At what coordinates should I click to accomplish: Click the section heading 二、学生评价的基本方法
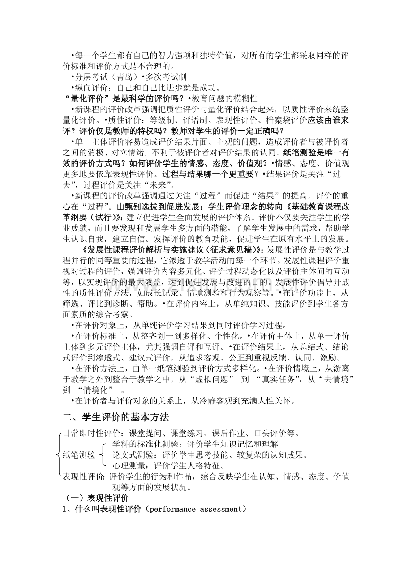tap(116, 417)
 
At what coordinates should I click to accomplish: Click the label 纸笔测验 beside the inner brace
tap(79, 455)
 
